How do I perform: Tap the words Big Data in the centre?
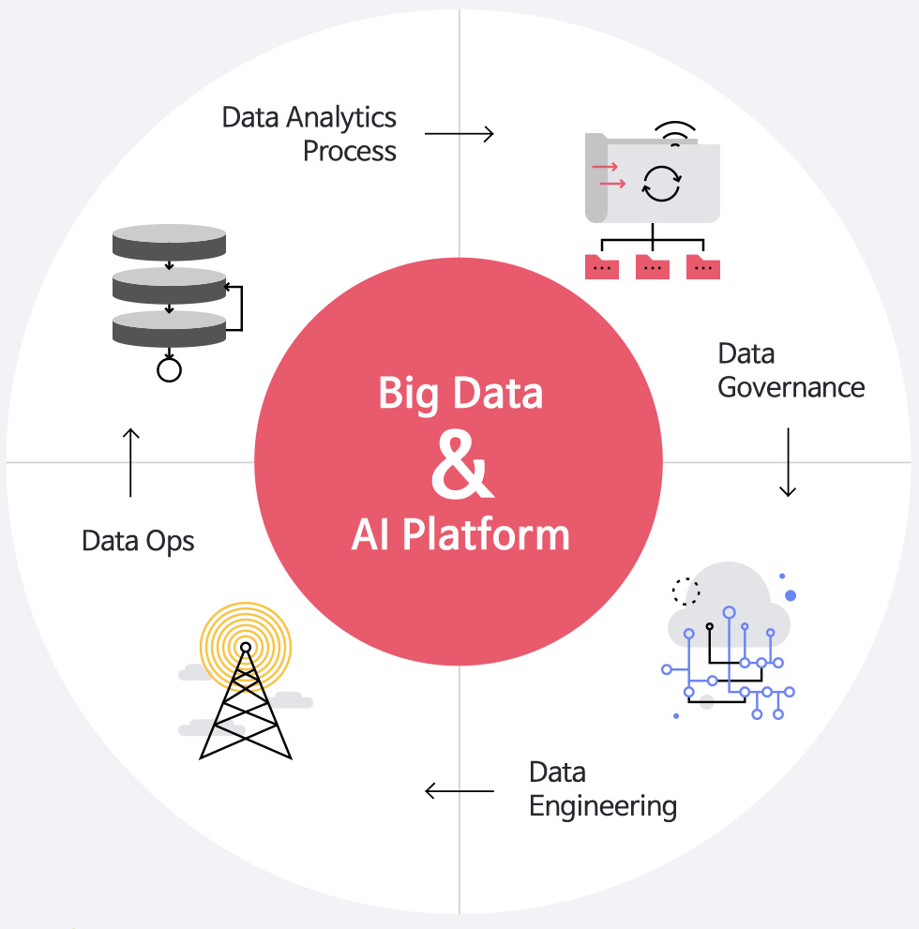point(460,393)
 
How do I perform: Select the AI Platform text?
point(460,534)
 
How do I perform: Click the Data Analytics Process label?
point(309,134)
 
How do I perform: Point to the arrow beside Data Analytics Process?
point(459,134)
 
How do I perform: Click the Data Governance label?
point(791,370)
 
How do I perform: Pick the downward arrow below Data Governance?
point(788,462)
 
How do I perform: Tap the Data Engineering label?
point(602,789)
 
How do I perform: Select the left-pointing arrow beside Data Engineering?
point(459,791)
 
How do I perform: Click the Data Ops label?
point(138,541)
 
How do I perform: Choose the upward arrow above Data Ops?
point(130,462)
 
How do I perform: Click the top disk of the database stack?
point(169,241)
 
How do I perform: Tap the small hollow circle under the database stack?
point(169,370)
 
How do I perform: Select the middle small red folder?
point(652,267)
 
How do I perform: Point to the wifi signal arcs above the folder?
point(675,133)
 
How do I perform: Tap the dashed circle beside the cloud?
point(686,591)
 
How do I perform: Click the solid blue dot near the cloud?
point(791,595)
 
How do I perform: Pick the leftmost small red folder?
point(601,267)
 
